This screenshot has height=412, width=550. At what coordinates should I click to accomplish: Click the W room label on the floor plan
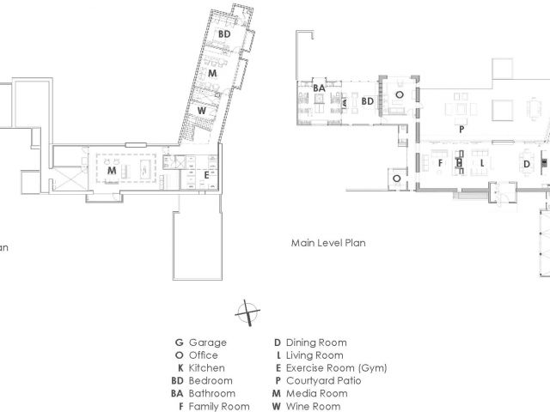200,111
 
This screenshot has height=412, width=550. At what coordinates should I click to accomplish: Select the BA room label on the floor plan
318,88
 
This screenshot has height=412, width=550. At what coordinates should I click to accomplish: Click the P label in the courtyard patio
461,128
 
